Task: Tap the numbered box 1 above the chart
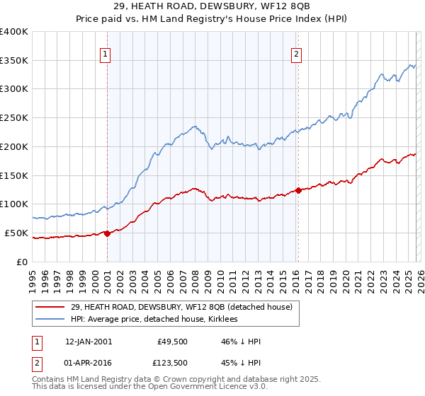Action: click(105, 53)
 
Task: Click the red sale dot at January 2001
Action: click(107, 233)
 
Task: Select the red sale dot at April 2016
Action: click(298, 190)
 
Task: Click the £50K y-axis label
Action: click(16, 233)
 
